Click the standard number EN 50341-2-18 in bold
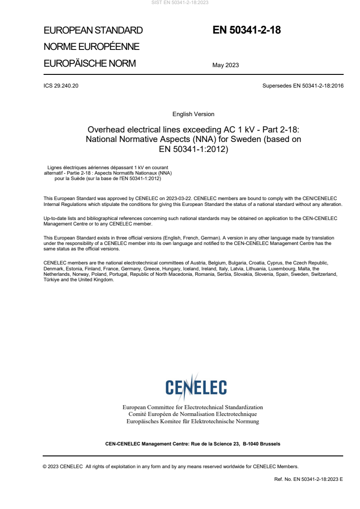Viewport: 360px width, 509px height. [x=247, y=30]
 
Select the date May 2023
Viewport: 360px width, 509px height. [x=226, y=65]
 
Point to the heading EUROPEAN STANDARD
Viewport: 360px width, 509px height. [x=93, y=31]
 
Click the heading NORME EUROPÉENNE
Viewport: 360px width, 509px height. [x=91, y=47]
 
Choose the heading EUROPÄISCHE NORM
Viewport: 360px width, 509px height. [x=89, y=64]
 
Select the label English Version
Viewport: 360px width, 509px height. [x=193, y=114]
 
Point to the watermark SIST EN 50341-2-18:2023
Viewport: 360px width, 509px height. [x=180, y=3]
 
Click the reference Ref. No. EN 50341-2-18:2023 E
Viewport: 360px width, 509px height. [x=309, y=479]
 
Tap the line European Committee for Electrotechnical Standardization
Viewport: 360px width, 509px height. [x=193, y=407]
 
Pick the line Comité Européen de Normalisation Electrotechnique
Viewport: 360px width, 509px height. [x=193, y=414]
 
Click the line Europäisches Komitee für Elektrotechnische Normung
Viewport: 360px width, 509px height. [x=193, y=421]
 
